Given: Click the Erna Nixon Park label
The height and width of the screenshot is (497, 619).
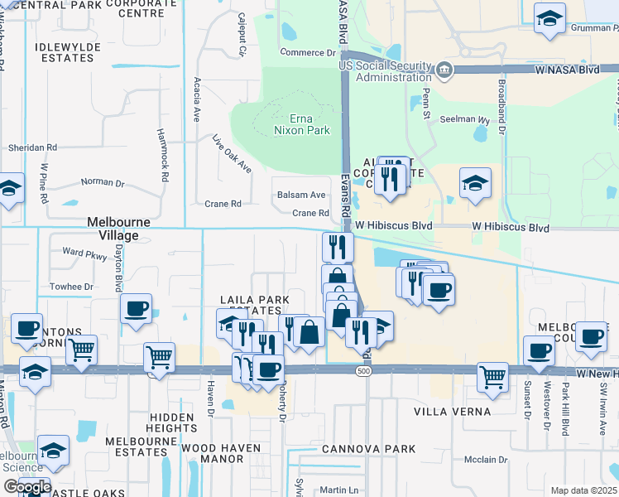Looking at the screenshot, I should (x=302, y=124).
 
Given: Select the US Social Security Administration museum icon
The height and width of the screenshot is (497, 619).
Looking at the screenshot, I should (x=445, y=70).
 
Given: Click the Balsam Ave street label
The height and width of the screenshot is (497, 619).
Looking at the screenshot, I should (x=300, y=195).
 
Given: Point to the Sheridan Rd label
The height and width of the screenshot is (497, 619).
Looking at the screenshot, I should (x=32, y=147).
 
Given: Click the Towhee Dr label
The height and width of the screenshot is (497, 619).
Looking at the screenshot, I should (x=70, y=287).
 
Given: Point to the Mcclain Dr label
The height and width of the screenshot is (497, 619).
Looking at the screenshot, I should (x=486, y=460).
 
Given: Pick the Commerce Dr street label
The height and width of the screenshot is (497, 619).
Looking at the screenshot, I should (x=306, y=52).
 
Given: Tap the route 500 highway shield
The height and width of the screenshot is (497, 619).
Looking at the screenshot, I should (x=364, y=372).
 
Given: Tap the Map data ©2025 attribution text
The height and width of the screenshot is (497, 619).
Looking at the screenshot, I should (x=584, y=490).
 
